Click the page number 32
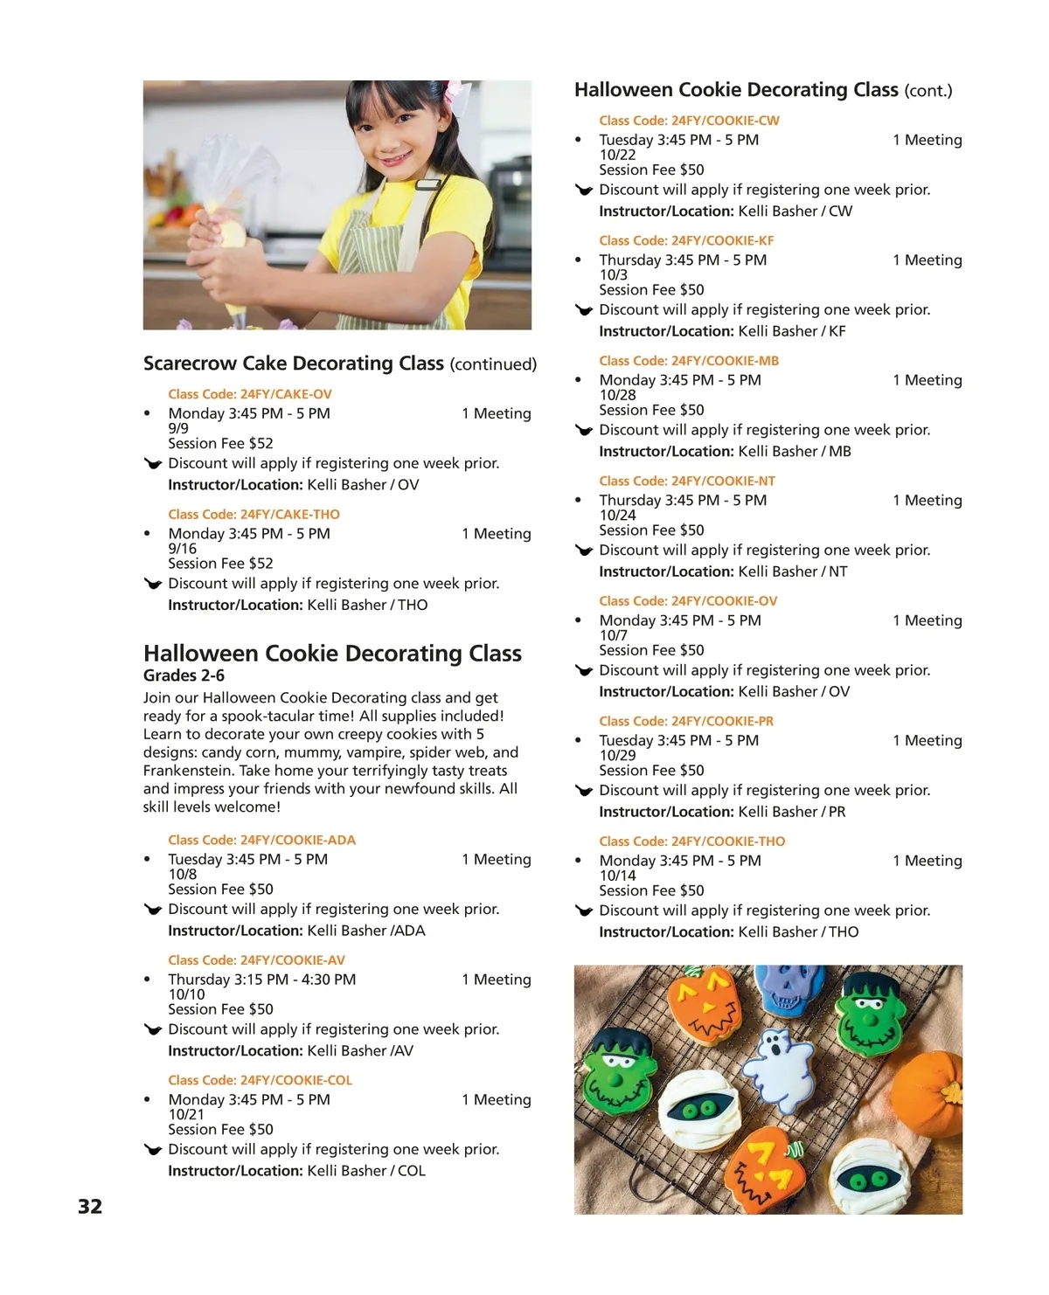point(90,1207)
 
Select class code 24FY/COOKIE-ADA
point(261,840)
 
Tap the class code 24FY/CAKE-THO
point(254,515)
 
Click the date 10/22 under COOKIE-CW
point(617,155)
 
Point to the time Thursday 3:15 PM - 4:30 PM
point(261,980)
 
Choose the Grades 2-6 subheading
point(184,675)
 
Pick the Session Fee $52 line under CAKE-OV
point(220,443)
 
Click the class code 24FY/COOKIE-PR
point(685,721)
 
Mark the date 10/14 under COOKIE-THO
point(617,876)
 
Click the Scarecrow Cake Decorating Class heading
point(293,364)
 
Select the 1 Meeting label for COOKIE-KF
point(927,260)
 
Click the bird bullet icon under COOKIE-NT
point(584,551)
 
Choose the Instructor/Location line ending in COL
point(296,1171)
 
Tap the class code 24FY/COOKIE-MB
point(688,361)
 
